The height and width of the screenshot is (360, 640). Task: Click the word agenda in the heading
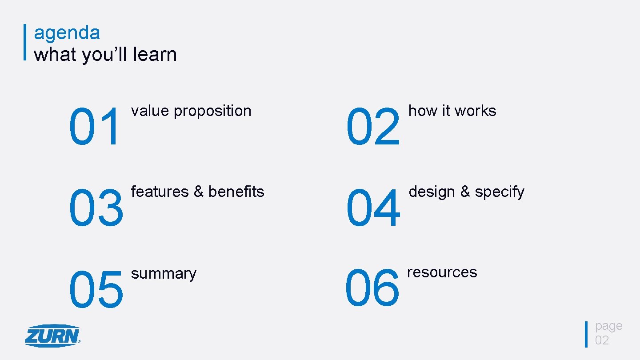click(x=67, y=33)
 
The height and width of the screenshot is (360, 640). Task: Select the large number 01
click(x=95, y=127)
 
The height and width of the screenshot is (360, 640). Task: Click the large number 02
click(x=373, y=127)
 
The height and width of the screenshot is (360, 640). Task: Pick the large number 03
click(x=96, y=208)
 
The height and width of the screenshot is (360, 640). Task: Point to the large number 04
click(x=373, y=208)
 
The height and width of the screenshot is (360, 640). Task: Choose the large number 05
click(x=96, y=289)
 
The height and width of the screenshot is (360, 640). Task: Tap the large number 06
click(x=372, y=288)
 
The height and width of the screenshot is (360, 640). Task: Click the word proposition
click(x=212, y=111)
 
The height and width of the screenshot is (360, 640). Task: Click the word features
click(x=160, y=192)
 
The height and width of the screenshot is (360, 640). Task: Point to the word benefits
click(x=236, y=192)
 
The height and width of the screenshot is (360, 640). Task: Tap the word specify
click(x=500, y=192)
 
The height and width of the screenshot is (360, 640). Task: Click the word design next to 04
click(x=432, y=192)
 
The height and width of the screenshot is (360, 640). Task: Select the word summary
click(x=164, y=274)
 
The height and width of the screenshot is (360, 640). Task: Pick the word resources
click(x=442, y=272)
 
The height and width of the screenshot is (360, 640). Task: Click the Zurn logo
click(x=52, y=336)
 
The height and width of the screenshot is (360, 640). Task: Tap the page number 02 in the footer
click(x=602, y=340)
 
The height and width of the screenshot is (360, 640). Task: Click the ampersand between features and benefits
click(x=198, y=192)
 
